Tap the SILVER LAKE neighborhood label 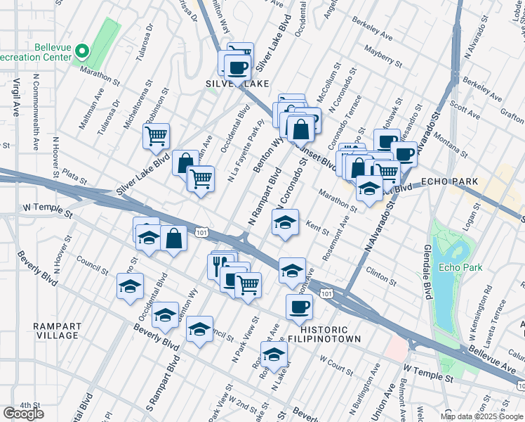point(237,84)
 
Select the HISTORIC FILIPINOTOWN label point(330,334)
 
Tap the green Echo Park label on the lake point(460,267)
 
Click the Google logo point(24,413)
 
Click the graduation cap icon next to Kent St point(285,223)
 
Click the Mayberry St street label point(383,57)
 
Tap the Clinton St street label point(381,275)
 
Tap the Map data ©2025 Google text point(481,416)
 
